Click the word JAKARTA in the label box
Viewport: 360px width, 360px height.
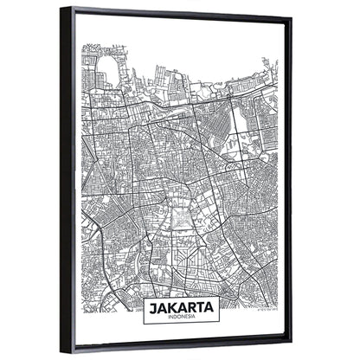[x=180, y=306]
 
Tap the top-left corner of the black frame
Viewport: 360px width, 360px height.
[x=63, y=10]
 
